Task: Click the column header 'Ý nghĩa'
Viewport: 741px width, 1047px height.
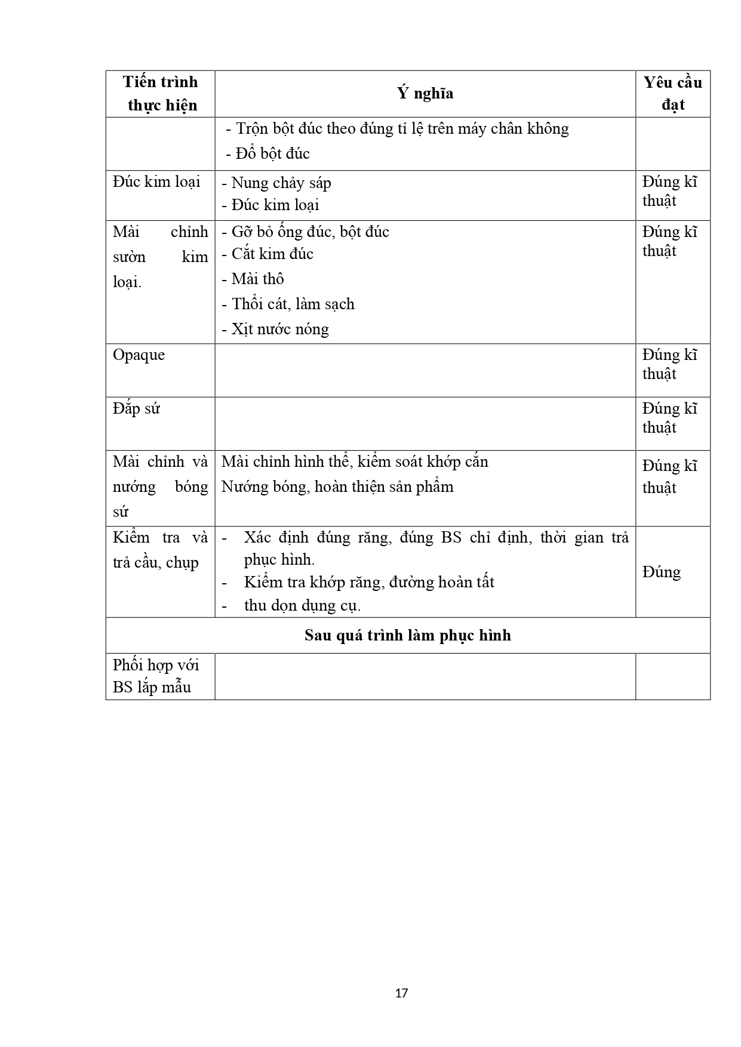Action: click(425, 94)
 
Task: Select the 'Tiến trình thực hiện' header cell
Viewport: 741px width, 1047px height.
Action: click(161, 94)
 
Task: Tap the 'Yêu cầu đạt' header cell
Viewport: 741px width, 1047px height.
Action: click(672, 94)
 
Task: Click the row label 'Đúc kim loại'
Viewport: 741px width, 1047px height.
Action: click(156, 182)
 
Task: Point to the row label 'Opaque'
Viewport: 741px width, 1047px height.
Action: click(139, 355)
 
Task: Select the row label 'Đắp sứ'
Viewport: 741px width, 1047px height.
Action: click(136, 409)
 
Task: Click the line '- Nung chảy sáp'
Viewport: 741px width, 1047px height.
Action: click(276, 183)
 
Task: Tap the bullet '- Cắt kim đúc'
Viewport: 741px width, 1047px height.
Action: click(268, 254)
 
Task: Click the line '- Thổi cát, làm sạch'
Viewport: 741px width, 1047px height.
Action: click(288, 304)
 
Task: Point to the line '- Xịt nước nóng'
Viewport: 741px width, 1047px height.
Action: click(275, 330)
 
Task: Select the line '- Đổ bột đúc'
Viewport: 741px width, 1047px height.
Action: click(268, 154)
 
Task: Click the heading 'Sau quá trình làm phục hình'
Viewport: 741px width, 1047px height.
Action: click(408, 635)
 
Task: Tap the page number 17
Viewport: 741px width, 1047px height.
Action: click(401, 993)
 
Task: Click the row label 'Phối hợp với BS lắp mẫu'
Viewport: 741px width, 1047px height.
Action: click(156, 676)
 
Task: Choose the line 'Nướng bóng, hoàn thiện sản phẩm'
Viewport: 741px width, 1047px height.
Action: click(337, 487)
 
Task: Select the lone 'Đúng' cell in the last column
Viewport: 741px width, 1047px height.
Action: click(662, 572)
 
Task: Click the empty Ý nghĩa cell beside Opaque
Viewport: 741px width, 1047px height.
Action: click(425, 370)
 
